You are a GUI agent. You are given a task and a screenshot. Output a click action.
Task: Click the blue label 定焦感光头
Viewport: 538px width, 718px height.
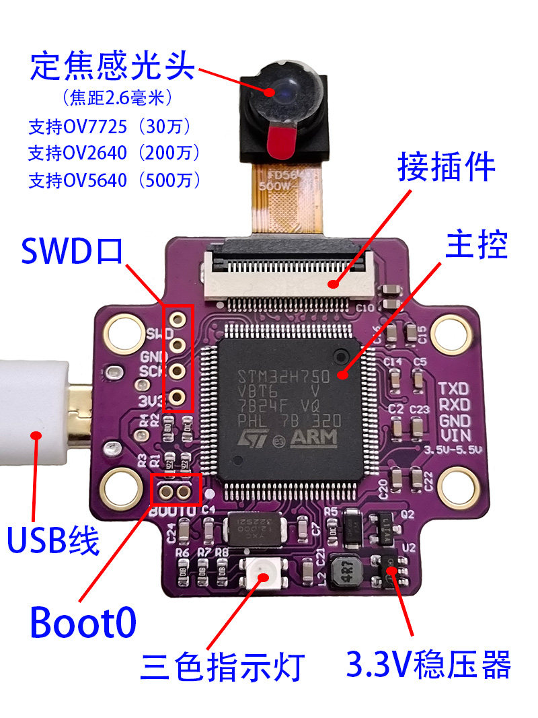pyautogui.click(x=112, y=67)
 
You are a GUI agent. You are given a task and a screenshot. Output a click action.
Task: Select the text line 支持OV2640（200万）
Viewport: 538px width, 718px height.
pyautogui.click(x=114, y=153)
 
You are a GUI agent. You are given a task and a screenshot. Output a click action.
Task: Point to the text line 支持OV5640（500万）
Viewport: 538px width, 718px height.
pyautogui.click(x=114, y=180)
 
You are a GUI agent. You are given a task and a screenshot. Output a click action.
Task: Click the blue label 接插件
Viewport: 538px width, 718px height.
pyautogui.click(x=447, y=167)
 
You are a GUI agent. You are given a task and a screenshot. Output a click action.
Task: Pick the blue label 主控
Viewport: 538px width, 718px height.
pyautogui.click(x=476, y=246)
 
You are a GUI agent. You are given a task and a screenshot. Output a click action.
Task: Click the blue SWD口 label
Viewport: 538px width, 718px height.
pyautogui.click(x=71, y=250)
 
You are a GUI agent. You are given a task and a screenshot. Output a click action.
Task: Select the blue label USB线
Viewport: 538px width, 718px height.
pyautogui.click(x=53, y=540)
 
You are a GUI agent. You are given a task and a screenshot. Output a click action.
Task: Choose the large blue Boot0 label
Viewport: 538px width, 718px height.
pyautogui.click(x=83, y=622)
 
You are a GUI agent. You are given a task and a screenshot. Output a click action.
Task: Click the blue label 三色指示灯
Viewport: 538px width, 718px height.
pyautogui.click(x=223, y=666)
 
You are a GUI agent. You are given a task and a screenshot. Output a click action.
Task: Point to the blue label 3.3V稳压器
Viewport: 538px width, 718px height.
pyautogui.click(x=428, y=664)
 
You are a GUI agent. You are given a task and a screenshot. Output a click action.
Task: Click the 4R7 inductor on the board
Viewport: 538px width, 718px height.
pyautogui.click(x=348, y=571)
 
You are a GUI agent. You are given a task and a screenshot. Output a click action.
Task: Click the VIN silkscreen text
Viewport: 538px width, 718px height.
pyautogui.click(x=453, y=433)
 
